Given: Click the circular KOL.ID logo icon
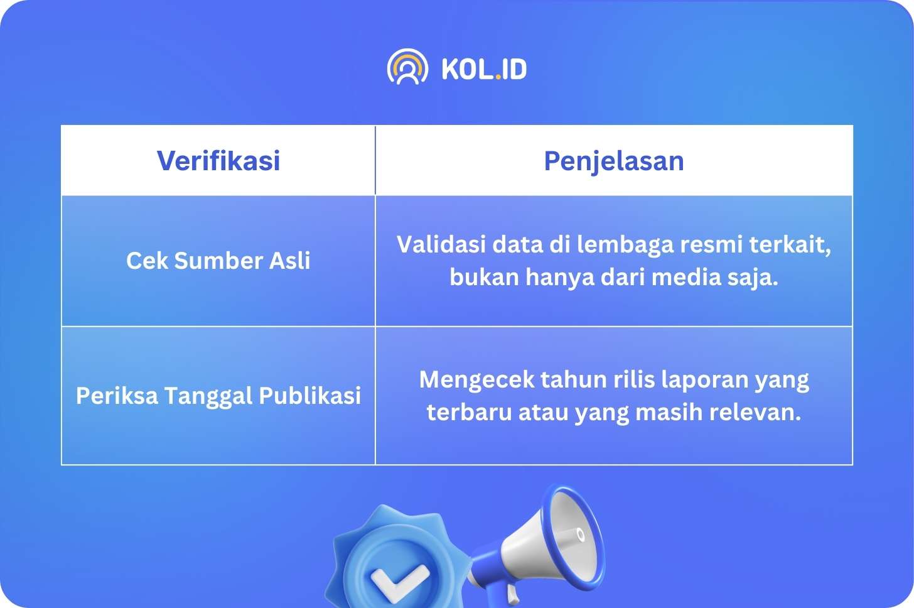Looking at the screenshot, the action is [407, 67].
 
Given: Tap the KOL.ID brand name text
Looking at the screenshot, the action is [485, 68].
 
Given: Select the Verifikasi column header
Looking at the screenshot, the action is [218, 160].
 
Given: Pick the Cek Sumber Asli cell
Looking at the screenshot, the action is [218, 260].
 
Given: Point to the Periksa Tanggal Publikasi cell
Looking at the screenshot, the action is [218, 396].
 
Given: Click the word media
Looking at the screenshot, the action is [686, 277].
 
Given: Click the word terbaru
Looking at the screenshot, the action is [470, 411].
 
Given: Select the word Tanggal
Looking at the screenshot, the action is [208, 396].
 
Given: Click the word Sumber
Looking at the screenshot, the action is [218, 260].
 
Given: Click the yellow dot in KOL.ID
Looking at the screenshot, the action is [498, 77].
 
